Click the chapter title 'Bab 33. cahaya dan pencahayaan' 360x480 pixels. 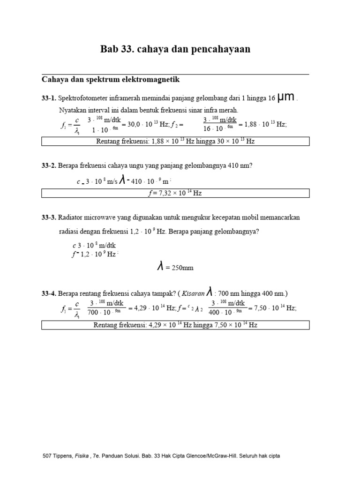point(175,49)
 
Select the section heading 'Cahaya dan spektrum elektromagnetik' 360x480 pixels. point(111,80)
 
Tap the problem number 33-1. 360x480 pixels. point(48,98)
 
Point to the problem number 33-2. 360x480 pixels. point(48,165)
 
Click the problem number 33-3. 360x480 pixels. point(48,217)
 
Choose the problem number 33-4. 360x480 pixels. point(48,294)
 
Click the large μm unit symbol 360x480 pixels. point(285,97)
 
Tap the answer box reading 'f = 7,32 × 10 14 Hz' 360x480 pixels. point(175,193)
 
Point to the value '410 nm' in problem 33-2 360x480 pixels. point(242,165)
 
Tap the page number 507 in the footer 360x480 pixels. point(47,456)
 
